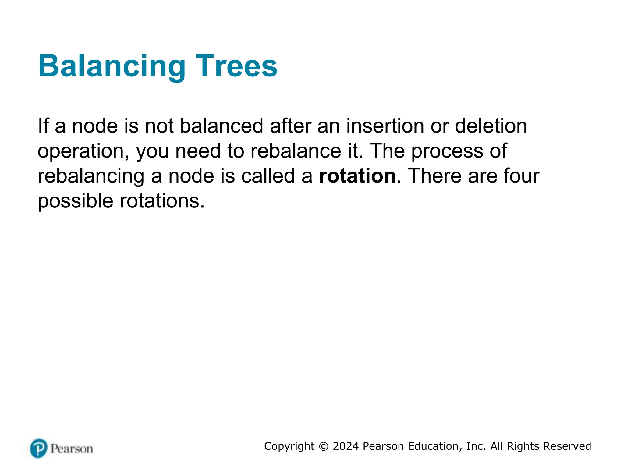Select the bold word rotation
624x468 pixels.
[x=357, y=176]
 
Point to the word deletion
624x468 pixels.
[x=491, y=126]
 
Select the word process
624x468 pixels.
[x=447, y=151]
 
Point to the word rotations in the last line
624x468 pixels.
[x=162, y=201]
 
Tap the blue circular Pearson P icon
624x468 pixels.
[x=39, y=448]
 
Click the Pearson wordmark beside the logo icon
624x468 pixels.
[x=72, y=449]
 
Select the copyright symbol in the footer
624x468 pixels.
[x=324, y=446]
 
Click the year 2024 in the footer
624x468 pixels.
[x=346, y=446]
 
